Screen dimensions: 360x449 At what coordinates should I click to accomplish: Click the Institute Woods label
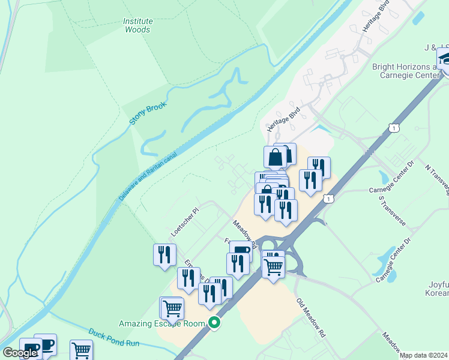coord(138,25)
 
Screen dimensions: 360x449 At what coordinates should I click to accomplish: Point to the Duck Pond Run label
coord(114,339)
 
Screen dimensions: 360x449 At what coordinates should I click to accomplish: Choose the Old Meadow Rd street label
coord(311,316)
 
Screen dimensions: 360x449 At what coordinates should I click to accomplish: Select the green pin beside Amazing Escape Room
coord(214,323)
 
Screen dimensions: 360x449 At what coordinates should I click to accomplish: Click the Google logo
coord(20,353)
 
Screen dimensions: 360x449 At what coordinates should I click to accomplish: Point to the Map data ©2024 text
coord(424,355)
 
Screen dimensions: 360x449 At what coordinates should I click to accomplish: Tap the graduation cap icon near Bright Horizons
coord(445,60)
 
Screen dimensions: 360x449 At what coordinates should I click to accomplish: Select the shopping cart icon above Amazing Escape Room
coord(172,308)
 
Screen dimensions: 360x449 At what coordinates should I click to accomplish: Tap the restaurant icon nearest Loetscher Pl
coord(164,255)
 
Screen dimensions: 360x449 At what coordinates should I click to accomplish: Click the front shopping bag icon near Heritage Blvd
coord(275,157)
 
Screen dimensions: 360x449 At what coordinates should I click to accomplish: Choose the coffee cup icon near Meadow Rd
coord(241,251)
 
